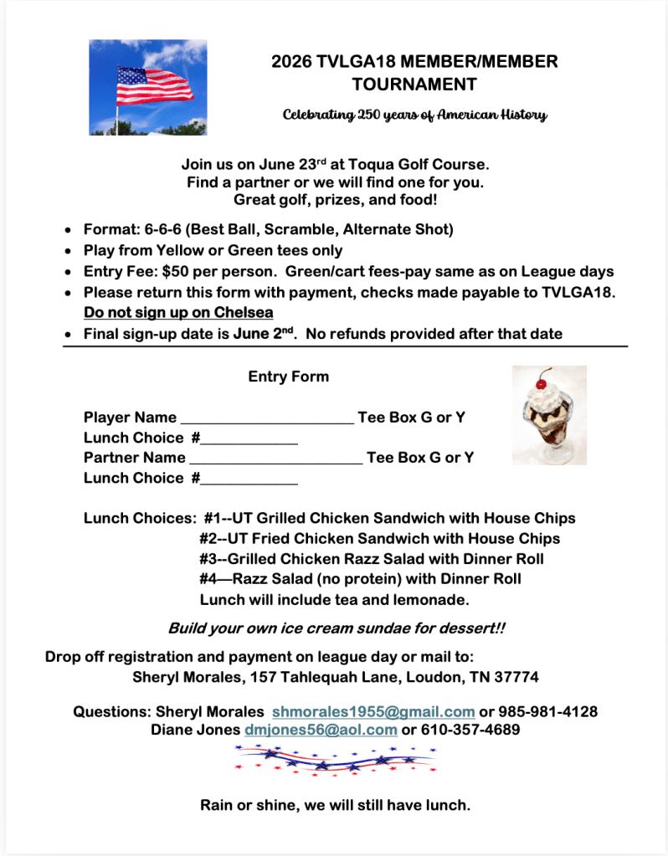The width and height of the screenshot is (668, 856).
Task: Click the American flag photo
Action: tap(147, 87)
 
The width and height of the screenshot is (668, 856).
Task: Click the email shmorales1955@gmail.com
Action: tap(373, 712)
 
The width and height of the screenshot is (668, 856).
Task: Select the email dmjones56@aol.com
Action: tap(321, 730)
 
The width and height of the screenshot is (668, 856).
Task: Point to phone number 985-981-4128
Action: tap(548, 712)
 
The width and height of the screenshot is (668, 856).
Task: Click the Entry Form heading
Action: tap(288, 377)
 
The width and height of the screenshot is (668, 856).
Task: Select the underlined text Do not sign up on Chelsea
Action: tap(178, 313)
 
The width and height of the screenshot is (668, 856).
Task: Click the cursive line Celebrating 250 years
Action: tap(414, 115)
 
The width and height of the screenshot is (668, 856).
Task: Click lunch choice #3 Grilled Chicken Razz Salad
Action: tap(372, 558)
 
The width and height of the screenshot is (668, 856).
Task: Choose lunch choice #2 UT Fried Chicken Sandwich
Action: tap(379, 538)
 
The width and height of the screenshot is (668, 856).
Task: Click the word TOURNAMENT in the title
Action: tap(414, 84)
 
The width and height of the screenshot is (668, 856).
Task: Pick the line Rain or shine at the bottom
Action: tap(335, 806)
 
